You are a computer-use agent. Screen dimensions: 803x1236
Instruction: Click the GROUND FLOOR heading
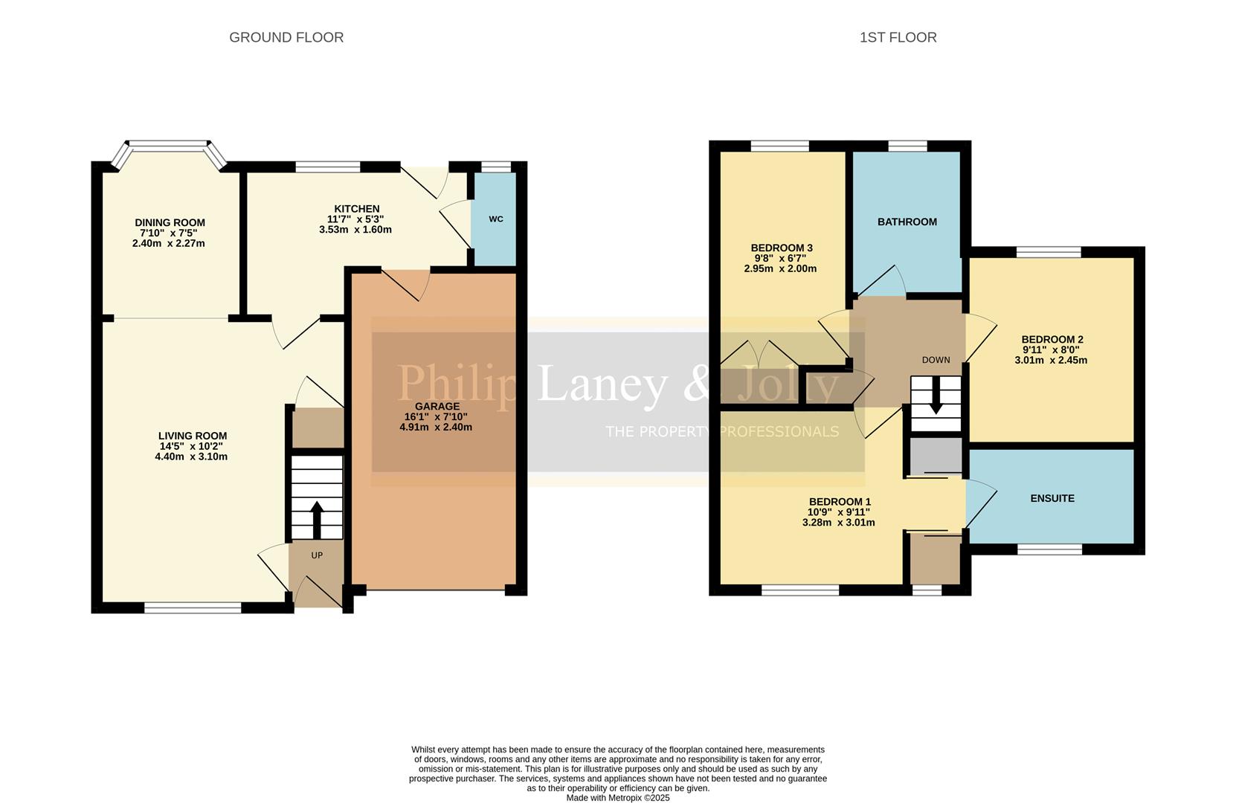[x=286, y=37]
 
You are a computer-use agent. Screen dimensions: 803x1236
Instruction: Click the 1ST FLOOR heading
[x=898, y=37]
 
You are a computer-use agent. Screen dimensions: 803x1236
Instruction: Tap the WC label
[x=496, y=219]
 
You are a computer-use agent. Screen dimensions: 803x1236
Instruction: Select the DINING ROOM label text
[x=170, y=222]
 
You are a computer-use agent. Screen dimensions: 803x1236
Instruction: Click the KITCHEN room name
[x=357, y=209]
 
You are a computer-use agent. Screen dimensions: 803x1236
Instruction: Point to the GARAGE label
[x=437, y=406]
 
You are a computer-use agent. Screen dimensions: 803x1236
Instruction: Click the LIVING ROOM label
[x=193, y=436]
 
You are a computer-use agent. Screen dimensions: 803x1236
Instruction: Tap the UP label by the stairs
[x=317, y=555]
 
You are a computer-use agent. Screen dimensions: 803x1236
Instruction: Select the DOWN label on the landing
[x=936, y=360]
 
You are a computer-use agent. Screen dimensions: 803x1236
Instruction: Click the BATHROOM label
[x=907, y=222]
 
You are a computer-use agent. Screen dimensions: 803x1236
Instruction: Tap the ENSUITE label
[x=1052, y=498]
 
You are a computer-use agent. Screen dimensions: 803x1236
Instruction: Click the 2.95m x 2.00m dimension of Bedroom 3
[x=780, y=268]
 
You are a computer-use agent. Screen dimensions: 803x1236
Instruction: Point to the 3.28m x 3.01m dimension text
[x=838, y=522]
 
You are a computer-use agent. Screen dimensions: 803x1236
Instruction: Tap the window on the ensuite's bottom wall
[x=1049, y=549]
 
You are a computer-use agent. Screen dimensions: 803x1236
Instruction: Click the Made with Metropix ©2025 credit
[x=617, y=798]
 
